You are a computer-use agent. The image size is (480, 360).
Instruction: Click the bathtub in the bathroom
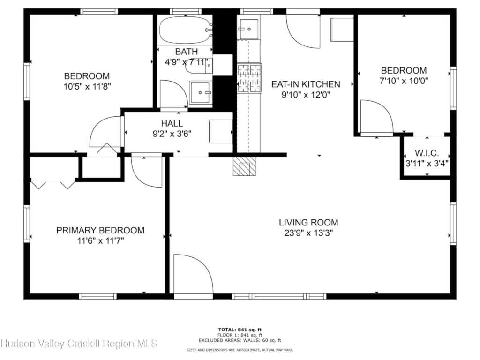185,30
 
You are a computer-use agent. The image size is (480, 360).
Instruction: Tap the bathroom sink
201,92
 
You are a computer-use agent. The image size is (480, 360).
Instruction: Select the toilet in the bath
199,66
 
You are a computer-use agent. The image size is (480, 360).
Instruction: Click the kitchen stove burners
250,78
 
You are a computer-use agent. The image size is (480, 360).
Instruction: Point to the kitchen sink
249,30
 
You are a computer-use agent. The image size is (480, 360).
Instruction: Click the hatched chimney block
244,166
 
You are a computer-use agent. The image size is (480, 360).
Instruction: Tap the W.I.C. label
427,153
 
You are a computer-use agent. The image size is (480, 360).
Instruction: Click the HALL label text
172,123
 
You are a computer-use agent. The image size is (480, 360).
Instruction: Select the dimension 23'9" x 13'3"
308,233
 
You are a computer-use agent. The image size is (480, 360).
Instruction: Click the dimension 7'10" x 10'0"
404,81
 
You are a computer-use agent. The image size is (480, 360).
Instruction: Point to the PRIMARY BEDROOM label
100,230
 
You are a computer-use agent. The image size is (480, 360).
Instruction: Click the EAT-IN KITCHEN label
306,84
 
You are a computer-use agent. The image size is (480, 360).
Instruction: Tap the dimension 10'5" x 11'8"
87,86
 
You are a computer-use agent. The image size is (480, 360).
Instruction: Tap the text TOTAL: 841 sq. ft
240,330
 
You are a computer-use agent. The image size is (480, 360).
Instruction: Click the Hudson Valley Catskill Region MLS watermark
79,344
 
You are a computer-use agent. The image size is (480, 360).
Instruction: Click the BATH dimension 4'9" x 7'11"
187,62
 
